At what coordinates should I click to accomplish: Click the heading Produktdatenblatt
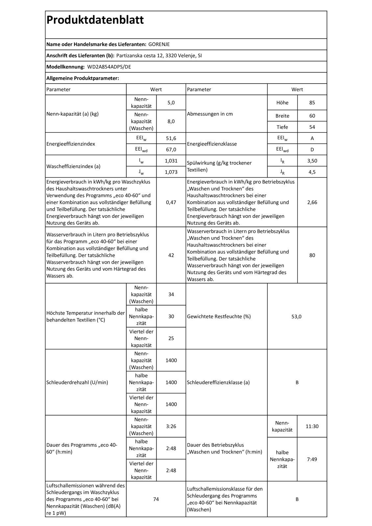(x=95, y=20)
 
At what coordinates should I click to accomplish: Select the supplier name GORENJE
(x=159, y=44)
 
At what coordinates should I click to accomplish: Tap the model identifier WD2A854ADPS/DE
(x=109, y=67)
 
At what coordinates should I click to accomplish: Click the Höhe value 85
(x=312, y=103)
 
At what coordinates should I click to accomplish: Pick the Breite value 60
(x=312, y=116)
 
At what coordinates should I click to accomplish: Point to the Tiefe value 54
(x=312, y=127)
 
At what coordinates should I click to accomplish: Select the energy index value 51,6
(x=171, y=138)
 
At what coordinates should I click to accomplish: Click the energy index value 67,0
(x=171, y=150)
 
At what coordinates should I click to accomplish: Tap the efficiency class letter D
(x=312, y=150)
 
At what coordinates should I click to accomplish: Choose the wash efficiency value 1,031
(x=171, y=161)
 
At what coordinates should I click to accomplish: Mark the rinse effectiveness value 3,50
(x=312, y=161)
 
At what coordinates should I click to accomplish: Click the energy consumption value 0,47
(x=171, y=202)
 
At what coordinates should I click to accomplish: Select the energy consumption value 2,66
(x=312, y=202)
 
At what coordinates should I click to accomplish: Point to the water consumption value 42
(x=171, y=255)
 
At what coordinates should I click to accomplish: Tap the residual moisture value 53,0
(x=297, y=317)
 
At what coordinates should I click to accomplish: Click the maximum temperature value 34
(x=171, y=294)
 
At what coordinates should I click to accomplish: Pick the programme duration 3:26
(x=171, y=426)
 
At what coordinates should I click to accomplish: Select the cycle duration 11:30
(x=312, y=426)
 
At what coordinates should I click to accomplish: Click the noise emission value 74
(x=156, y=499)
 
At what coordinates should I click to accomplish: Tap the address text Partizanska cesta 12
(x=140, y=56)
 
